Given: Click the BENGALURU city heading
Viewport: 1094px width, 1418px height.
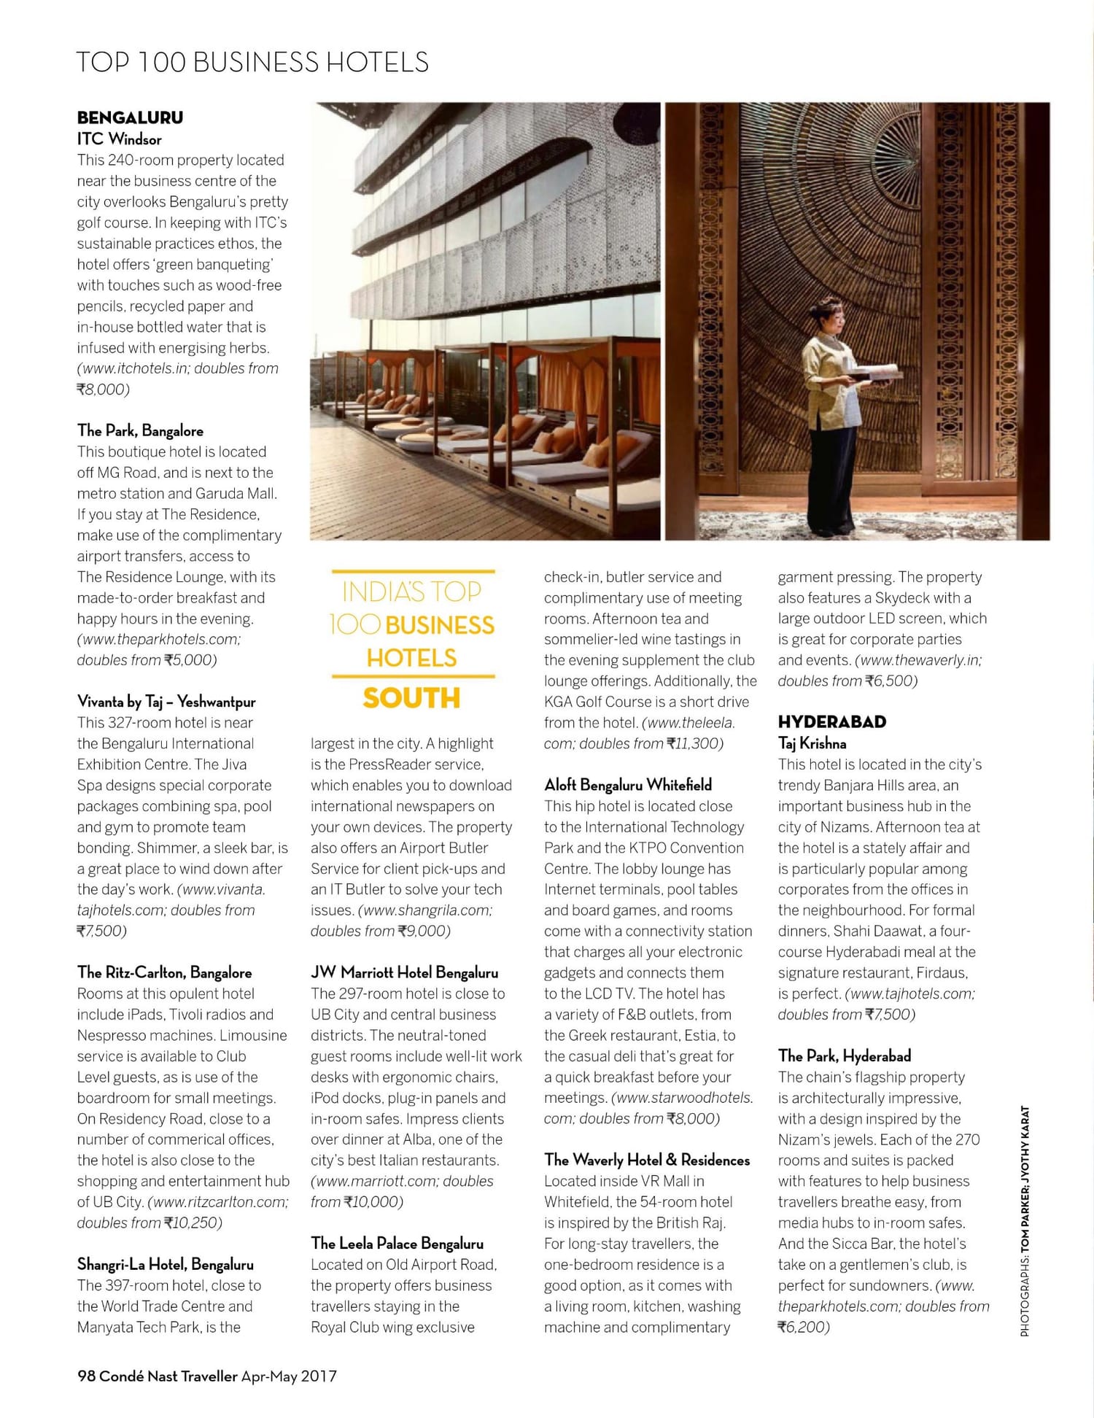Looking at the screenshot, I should [130, 117].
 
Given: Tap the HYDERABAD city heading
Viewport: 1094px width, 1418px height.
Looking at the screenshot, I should [831, 722].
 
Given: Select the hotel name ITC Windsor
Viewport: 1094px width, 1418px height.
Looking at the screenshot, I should [120, 139].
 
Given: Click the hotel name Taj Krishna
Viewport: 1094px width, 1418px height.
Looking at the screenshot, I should [812, 743].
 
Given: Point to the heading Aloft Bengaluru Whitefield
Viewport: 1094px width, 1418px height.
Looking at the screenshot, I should [627, 785].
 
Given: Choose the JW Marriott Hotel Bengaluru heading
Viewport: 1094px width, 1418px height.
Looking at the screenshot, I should [404, 972].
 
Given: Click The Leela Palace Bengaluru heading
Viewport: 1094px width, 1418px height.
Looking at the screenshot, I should [397, 1243].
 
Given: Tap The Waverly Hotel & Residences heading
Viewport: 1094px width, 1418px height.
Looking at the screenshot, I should [647, 1160].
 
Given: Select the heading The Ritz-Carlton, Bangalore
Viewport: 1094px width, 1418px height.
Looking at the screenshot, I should [164, 972].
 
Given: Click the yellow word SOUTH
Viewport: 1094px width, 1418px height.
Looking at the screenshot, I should [411, 698].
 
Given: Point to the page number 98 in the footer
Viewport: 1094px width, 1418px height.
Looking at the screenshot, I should [86, 1376].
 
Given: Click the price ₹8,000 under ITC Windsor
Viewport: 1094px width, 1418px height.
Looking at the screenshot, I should [103, 390].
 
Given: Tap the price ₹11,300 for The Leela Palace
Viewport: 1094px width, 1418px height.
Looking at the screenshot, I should [694, 743].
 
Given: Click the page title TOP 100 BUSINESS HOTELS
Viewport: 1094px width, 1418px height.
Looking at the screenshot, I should [252, 62].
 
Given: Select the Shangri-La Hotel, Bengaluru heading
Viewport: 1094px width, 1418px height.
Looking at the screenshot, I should [165, 1264].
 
